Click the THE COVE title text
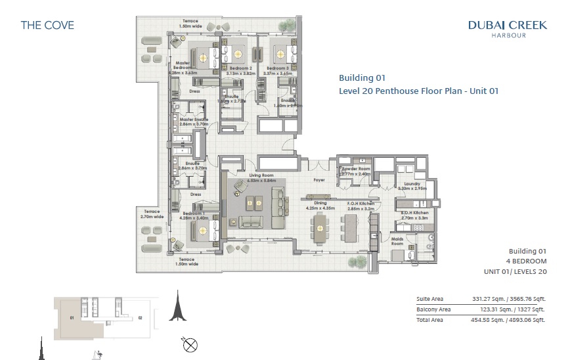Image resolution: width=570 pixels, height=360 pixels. tap(47, 26)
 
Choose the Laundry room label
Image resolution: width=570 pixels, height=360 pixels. tap(412, 184)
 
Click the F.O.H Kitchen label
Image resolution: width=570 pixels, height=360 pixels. tap(361, 204)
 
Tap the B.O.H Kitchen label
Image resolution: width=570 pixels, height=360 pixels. tap(414, 214)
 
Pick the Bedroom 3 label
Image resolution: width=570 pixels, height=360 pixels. tap(276, 68)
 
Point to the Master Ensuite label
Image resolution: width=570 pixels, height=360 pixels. tap(194, 120)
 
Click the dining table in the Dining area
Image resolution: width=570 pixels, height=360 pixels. tap(320, 228)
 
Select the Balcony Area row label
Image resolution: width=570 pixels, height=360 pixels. tap(433, 309)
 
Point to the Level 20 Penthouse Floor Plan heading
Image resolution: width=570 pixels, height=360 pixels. tap(418, 91)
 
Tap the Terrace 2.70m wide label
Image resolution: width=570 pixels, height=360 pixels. tap(150, 213)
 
